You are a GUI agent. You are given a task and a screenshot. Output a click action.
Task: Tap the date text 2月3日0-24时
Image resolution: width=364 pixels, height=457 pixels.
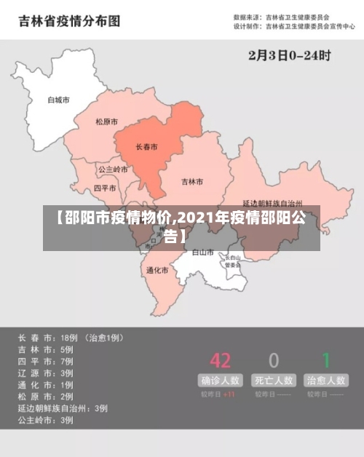[290, 55]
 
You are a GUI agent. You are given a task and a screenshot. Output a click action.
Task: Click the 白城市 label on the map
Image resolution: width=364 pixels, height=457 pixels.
[58, 100]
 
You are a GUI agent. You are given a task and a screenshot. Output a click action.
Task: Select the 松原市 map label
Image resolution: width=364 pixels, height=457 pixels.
[106, 122]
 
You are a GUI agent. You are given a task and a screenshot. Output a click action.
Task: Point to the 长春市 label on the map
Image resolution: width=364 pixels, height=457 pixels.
[146, 146]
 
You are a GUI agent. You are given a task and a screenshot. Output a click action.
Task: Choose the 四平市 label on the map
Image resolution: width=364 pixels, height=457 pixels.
[106, 188]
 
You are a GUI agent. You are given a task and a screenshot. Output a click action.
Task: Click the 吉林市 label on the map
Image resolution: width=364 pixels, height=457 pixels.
[192, 181]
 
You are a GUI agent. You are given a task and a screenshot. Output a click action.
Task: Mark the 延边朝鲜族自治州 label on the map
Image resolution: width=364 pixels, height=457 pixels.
[272, 204]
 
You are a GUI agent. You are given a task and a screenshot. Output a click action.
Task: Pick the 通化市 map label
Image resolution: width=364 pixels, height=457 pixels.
[157, 270]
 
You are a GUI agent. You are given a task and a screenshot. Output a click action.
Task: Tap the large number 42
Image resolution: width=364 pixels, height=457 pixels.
[221, 359]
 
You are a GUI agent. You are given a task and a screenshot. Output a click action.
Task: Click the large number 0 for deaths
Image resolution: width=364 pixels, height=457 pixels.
[274, 359]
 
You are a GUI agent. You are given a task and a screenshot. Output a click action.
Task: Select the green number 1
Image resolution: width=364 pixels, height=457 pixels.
[327, 359]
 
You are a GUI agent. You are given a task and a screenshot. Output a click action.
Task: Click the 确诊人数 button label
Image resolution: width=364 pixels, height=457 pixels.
[221, 380]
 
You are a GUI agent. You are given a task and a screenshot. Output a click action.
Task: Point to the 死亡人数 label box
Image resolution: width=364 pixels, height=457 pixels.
[274, 380]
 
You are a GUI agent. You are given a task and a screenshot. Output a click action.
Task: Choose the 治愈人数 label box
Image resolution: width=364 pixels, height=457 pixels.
[326, 380]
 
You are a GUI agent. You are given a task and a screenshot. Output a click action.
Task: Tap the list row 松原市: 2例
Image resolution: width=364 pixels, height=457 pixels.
[46, 397]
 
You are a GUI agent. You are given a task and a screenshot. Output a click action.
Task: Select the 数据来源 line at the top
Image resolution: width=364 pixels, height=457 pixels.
[281, 16]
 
